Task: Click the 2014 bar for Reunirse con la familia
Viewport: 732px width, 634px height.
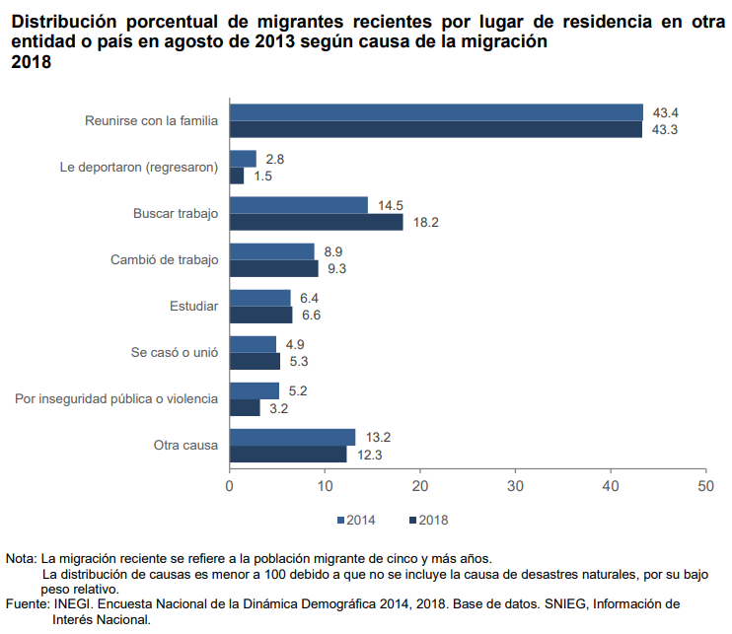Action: pyautogui.click(x=436, y=112)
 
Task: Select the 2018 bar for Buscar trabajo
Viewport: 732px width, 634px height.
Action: pyautogui.click(x=316, y=222)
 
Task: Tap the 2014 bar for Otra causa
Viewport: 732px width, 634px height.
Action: pyautogui.click(x=292, y=437)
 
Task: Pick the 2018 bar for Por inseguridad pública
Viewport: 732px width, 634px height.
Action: pyautogui.click(x=245, y=407)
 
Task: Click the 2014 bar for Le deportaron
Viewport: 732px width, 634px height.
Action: pyautogui.click(x=243, y=159)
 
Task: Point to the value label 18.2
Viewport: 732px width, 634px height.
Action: pyautogui.click(x=426, y=223)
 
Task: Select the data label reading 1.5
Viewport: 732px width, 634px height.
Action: pyautogui.click(x=262, y=176)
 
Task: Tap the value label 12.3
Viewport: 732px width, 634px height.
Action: pyautogui.click(x=370, y=455)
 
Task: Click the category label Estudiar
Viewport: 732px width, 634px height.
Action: pyautogui.click(x=194, y=306)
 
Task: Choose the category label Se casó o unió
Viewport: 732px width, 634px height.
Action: pyautogui.click(x=175, y=352)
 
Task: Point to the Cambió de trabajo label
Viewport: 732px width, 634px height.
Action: pyautogui.click(x=164, y=259)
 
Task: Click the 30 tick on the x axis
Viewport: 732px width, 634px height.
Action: pyautogui.click(x=515, y=486)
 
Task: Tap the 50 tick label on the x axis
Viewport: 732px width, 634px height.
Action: pyautogui.click(x=705, y=486)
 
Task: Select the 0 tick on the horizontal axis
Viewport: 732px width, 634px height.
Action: pyautogui.click(x=230, y=486)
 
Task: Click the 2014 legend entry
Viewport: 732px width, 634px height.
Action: pyautogui.click(x=355, y=520)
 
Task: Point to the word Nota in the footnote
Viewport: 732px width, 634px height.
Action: pyautogui.click(x=21, y=559)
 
